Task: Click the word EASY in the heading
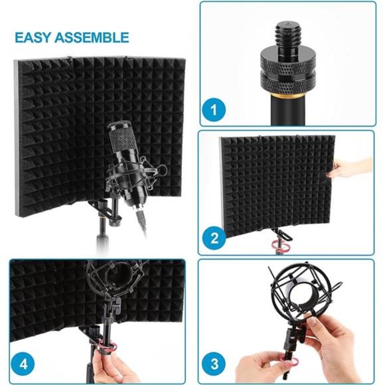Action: click(34, 37)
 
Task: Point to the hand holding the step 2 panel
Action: click(352, 167)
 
